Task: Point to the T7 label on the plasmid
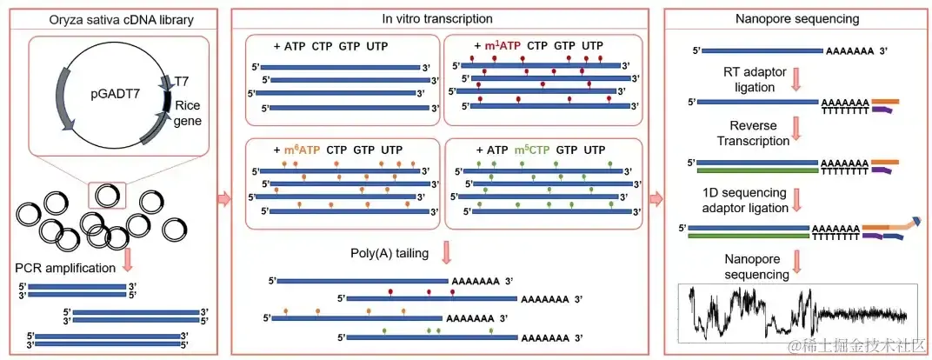(x=182, y=81)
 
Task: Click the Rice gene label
(x=187, y=113)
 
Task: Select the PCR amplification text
(x=65, y=267)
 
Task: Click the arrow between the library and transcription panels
(x=223, y=199)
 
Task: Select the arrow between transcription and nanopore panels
(x=656, y=199)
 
